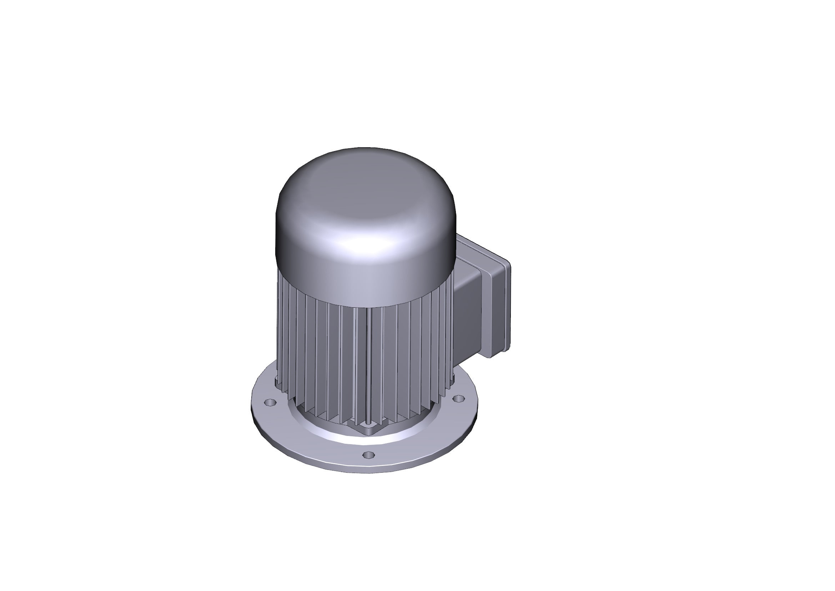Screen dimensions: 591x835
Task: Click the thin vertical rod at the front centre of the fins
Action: pyautogui.click(x=368, y=364)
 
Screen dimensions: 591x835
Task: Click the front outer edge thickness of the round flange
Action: pyautogui.click(x=364, y=470)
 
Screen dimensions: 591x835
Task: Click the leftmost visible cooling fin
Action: pyautogui.click(x=280, y=328)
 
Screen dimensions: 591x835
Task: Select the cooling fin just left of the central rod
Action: pyautogui.click(x=361, y=364)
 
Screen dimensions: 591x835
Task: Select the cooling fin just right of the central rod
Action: pyautogui.click(x=376, y=364)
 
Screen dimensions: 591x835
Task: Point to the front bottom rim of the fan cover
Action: pyautogui.click(x=364, y=297)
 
